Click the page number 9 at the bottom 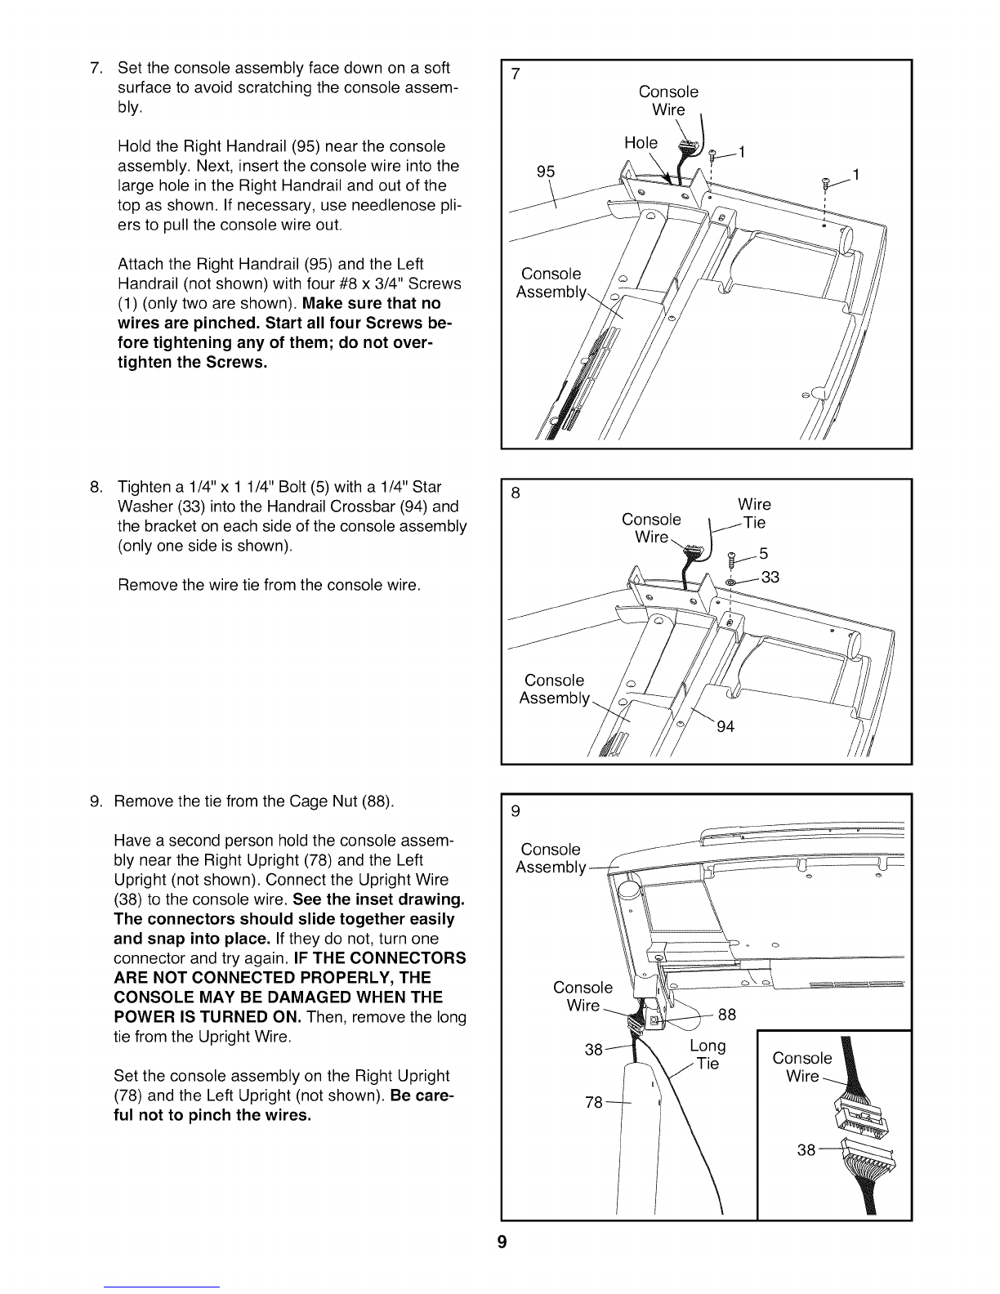[502, 1244]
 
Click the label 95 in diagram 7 [546, 172]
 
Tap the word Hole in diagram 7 [641, 143]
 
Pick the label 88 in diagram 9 [725, 1015]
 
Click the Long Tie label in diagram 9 [707, 1055]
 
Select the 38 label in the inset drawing [806, 1150]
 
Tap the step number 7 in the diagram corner [515, 75]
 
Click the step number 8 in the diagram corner [515, 493]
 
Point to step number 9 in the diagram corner [515, 811]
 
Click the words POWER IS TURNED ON [208, 1017]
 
